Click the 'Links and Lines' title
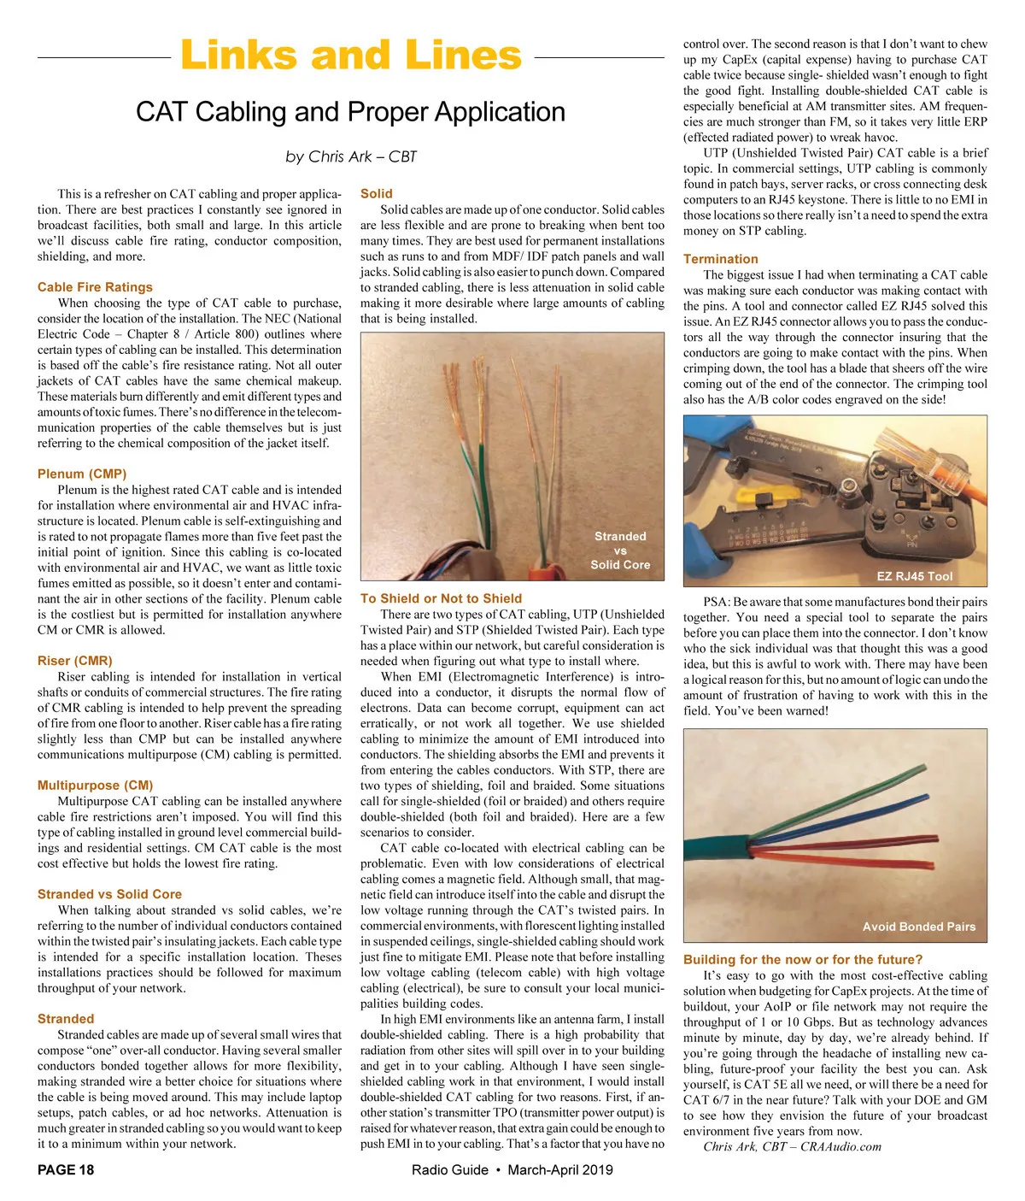(x=350, y=56)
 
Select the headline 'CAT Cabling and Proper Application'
(x=350, y=112)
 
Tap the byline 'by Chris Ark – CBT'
(x=351, y=156)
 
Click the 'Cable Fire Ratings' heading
(x=95, y=287)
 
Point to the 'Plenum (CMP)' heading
(x=82, y=474)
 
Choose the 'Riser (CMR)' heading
(x=75, y=661)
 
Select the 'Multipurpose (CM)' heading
(x=96, y=785)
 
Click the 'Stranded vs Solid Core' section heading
(x=109, y=894)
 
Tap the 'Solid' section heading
(x=377, y=194)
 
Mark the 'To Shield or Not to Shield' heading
(x=441, y=598)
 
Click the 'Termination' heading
(x=721, y=259)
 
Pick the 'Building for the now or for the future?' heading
(x=803, y=959)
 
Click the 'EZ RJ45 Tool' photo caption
(x=915, y=576)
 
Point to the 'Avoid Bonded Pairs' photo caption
(x=919, y=927)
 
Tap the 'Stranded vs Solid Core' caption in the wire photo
(x=620, y=550)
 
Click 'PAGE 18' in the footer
(x=66, y=1169)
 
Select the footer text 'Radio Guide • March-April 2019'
(x=512, y=1169)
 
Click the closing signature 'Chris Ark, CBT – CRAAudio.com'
(x=792, y=1146)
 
